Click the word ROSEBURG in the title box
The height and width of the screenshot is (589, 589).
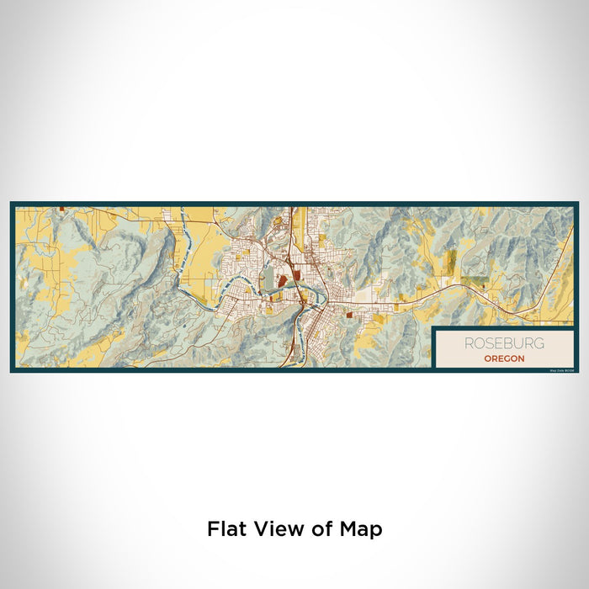click(x=503, y=343)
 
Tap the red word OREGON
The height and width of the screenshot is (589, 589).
click(x=504, y=358)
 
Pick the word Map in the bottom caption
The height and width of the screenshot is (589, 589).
click(x=359, y=529)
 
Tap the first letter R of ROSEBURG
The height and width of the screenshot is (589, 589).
click(x=467, y=343)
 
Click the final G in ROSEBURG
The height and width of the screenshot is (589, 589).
click(x=539, y=343)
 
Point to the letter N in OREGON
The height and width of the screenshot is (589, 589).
click(x=522, y=358)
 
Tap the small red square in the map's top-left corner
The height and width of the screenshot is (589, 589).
click(x=63, y=208)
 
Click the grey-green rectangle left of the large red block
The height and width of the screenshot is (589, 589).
click(x=268, y=279)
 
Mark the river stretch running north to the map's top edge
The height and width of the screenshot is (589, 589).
click(x=183, y=220)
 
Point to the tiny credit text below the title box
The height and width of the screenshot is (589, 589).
click(x=560, y=369)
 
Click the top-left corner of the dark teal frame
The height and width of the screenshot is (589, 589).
click(x=12, y=203)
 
